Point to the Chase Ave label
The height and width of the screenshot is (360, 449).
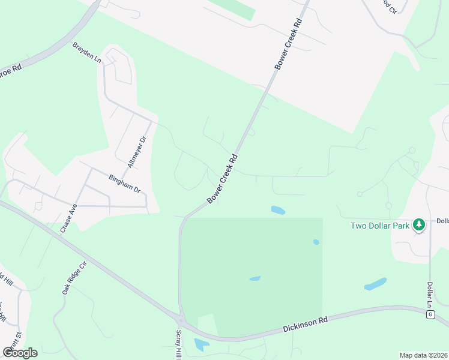[x=69, y=218]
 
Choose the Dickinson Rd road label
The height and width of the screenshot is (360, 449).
[x=306, y=325]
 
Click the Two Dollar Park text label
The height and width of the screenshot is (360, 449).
[x=380, y=226]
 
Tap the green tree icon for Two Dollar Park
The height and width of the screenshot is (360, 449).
[x=419, y=226]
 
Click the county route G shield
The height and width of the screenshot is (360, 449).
[x=430, y=314]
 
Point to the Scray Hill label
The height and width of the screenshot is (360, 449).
[x=178, y=344]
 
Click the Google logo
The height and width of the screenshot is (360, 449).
[x=20, y=352]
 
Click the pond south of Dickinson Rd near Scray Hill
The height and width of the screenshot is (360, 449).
[x=201, y=344]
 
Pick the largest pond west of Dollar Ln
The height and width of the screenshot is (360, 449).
[x=375, y=284]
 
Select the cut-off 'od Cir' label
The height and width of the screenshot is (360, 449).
[x=389, y=8]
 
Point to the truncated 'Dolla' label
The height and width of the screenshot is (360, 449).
[x=442, y=221]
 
